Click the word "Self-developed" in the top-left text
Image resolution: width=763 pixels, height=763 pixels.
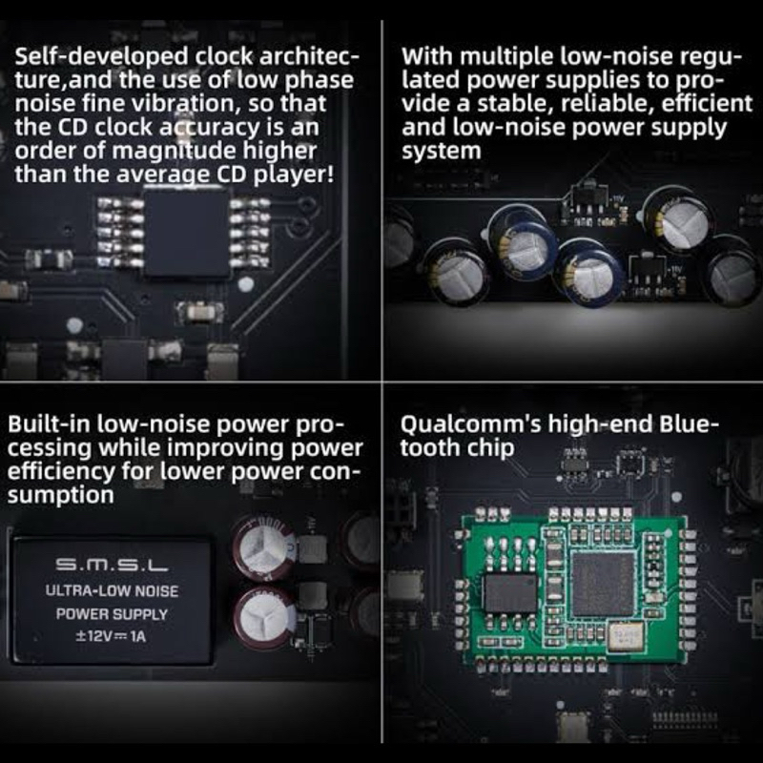point(101,57)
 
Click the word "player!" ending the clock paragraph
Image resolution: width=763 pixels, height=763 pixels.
point(294,175)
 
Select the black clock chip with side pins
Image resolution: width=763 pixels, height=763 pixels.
point(187,234)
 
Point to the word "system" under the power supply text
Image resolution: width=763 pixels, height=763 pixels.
point(441,152)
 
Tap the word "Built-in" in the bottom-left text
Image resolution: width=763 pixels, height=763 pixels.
point(50,424)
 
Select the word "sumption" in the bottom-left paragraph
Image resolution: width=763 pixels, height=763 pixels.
point(60,495)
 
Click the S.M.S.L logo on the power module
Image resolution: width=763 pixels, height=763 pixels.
point(112,565)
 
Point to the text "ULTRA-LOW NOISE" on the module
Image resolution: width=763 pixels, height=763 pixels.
point(112,590)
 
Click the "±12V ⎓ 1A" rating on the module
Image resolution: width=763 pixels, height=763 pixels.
point(111,636)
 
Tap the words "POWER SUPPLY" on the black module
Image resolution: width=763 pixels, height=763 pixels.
point(112,614)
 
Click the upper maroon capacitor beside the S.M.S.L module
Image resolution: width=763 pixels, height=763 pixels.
point(264,547)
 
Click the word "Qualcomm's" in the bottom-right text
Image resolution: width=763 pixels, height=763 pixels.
point(470,424)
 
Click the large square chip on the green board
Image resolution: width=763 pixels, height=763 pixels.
point(604,584)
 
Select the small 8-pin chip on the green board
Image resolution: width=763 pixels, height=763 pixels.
point(511,592)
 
